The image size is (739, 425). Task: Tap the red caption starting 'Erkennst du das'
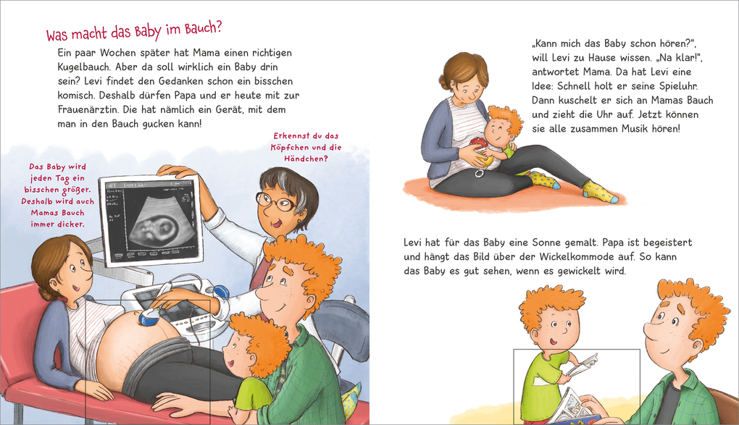coord(306,148)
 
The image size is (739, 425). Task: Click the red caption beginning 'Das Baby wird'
coord(57,195)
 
